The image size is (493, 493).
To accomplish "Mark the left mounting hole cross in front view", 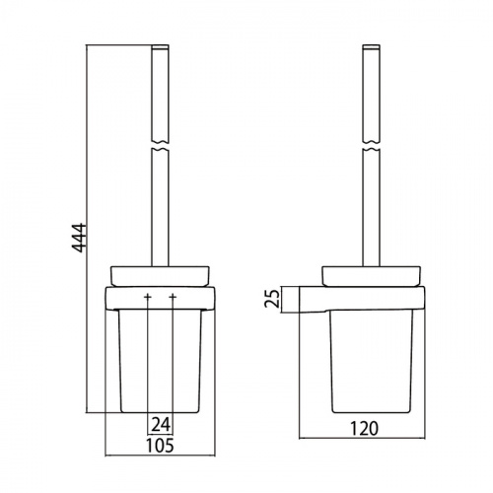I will tap(146, 297).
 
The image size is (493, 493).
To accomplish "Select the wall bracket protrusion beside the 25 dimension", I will tap(314, 299).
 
